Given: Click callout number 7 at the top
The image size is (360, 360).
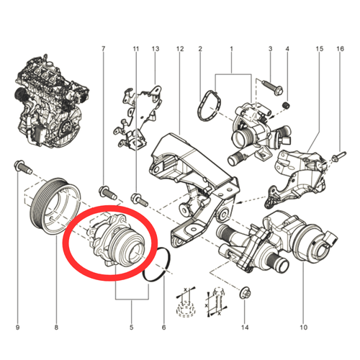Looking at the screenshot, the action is coord(104,49).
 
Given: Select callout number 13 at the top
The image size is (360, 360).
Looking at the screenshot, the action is coord(156,49).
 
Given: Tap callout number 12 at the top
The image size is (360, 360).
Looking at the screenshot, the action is coord(180,49).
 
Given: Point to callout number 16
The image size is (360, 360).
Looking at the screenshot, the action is coord(340,49).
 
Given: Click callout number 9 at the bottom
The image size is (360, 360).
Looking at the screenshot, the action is coord(17,327).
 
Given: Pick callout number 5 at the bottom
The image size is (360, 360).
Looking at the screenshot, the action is coord(132,327).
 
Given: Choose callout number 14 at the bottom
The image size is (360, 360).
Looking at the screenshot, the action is coord(245,327).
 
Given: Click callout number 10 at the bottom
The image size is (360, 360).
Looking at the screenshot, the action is coord(303,327).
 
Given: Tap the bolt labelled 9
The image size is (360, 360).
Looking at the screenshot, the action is coord(22,166).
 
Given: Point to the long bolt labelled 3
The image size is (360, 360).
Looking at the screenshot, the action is coord(273,87).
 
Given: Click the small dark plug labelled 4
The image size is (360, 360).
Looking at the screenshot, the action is coord(286,105).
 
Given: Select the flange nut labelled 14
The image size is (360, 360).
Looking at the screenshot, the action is coord(245,292).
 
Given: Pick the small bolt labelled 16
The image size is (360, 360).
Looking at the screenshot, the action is coord(338,156).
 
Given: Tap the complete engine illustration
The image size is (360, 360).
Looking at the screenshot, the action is coord(51,102).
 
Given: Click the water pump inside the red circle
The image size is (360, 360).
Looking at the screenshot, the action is coord(115,240).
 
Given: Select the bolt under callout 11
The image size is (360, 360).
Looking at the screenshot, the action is coord(139,200).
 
